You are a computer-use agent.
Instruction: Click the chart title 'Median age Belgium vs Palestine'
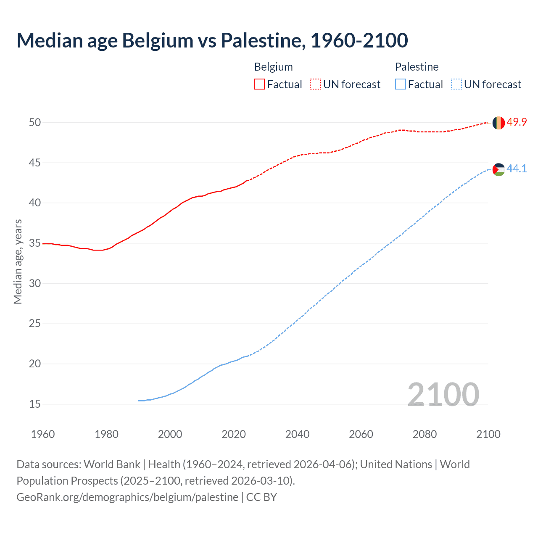click(212, 40)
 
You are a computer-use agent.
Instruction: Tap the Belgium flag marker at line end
click(498, 123)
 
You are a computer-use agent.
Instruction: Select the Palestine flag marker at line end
click(498, 169)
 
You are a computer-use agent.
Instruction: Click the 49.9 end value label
click(517, 122)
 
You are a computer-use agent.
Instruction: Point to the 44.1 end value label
click(517, 169)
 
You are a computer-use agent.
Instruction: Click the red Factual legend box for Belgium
click(259, 84)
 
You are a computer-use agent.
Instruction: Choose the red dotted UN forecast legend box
click(315, 84)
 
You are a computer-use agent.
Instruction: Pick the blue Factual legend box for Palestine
click(401, 84)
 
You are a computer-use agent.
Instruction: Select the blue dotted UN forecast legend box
click(456, 84)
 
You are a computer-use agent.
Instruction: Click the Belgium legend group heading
click(273, 67)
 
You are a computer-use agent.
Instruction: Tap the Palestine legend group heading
click(417, 67)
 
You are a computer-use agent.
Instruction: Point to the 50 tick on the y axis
click(34, 122)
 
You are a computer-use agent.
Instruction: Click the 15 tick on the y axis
click(34, 404)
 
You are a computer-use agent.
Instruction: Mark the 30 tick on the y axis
click(34, 283)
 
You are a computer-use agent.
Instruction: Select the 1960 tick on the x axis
click(43, 434)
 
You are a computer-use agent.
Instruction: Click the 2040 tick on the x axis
click(297, 434)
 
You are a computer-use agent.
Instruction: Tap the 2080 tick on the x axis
click(425, 434)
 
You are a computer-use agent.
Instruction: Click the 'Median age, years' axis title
click(18, 261)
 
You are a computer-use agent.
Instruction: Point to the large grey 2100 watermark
click(443, 394)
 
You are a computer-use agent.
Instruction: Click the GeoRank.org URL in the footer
click(127, 497)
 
